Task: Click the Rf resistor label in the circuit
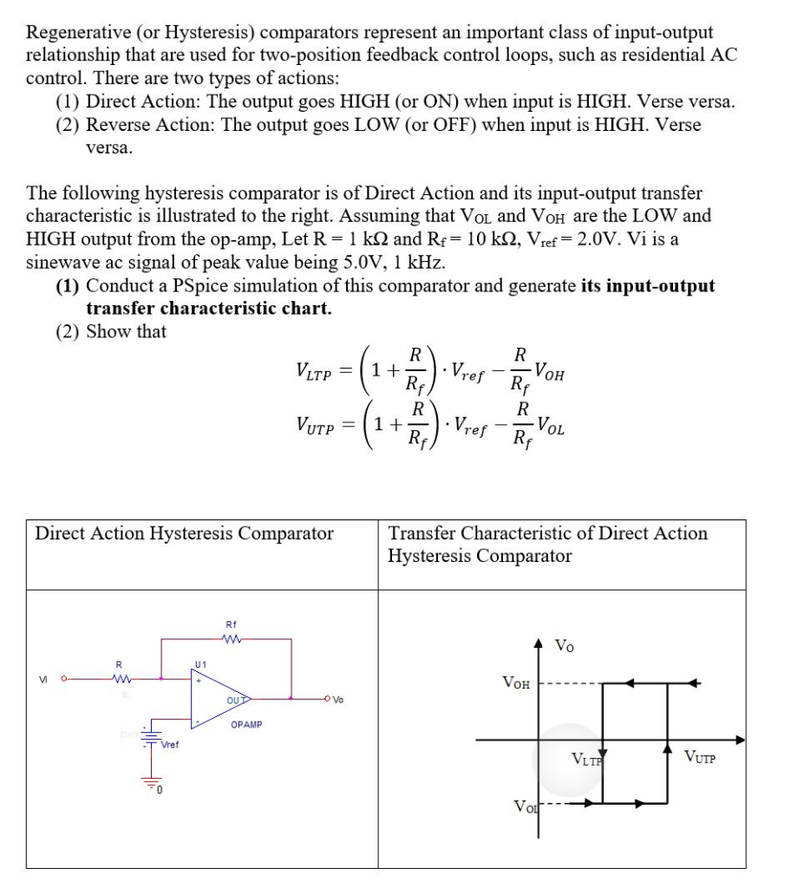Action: tap(231, 624)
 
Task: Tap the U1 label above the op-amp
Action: tap(201, 663)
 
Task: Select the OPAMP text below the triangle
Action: tap(247, 723)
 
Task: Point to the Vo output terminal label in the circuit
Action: tap(338, 700)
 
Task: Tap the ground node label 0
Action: tap(161, 788)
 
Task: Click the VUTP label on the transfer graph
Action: tap(700, 759)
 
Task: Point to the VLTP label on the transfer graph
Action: tap(588, 761)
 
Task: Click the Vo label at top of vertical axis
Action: tap(564, 645)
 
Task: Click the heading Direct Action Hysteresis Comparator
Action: tap(184, 533)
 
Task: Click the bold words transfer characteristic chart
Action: tap(209, 308)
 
